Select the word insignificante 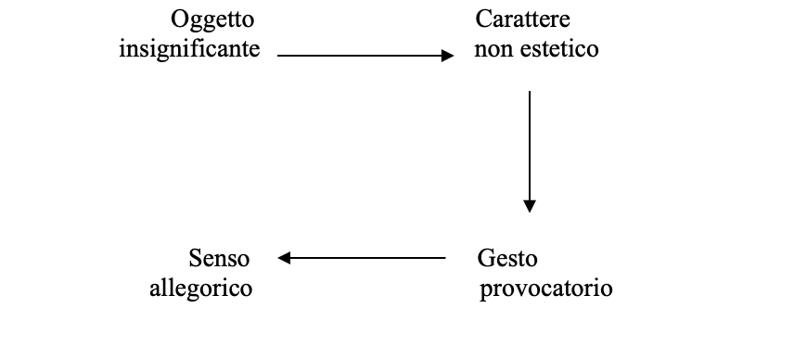point(189,50)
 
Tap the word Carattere point(522,19)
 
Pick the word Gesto point(507,259)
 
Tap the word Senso point(219,258)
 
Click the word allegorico point(200,289)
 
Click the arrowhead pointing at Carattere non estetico point(448,55)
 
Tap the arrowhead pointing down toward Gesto point(530,207)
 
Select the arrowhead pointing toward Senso point(284,258)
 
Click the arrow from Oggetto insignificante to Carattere point(365,55)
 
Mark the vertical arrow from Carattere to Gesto point(530,152)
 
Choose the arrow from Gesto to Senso point(362,258)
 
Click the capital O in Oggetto point(179,19)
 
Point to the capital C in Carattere point(483,19)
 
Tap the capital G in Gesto point(486,258)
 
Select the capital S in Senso point(195,258)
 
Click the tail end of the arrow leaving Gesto point(445,258)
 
